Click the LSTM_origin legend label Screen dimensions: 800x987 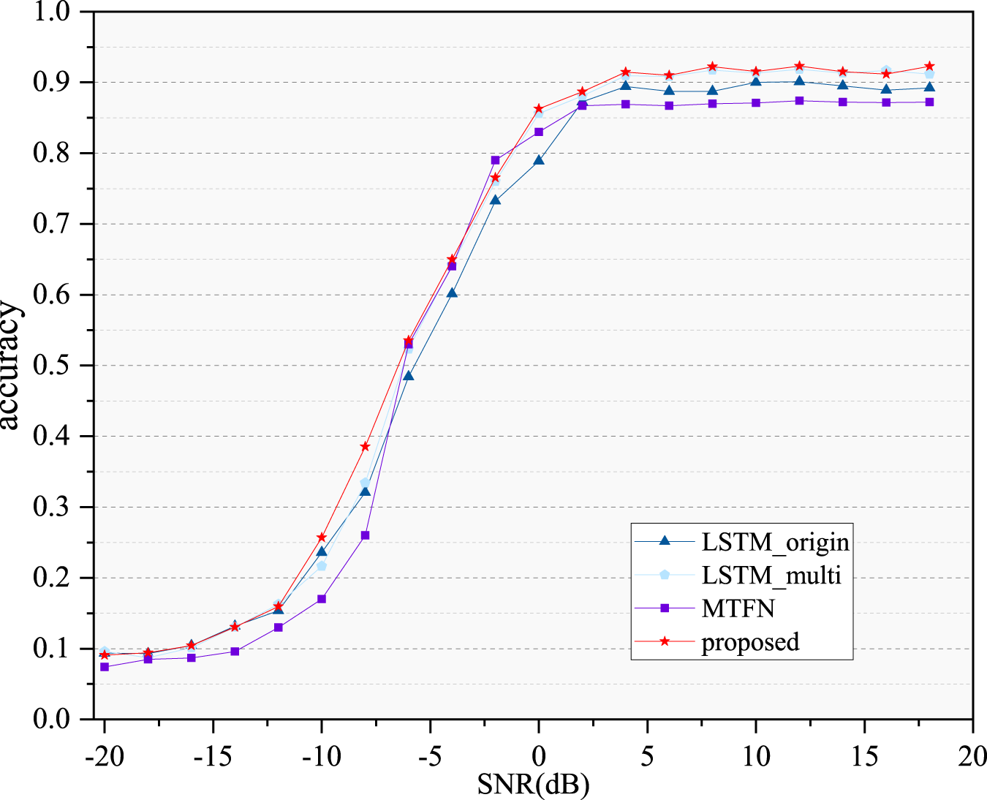775,542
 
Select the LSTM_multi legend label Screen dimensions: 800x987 771,575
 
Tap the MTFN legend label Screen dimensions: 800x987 738,608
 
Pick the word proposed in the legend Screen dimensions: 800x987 750,642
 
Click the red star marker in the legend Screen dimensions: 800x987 665,641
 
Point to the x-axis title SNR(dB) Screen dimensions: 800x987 533,784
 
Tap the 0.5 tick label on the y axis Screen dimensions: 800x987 50,365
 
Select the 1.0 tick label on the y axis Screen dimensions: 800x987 50,12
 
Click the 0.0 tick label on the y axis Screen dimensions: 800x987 50,719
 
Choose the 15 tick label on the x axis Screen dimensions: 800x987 864,755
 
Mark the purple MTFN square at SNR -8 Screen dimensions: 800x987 365,535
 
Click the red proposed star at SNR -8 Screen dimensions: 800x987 365,446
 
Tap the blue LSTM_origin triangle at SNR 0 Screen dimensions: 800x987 539,160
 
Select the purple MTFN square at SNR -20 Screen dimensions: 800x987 105,667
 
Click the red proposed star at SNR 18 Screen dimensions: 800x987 929,67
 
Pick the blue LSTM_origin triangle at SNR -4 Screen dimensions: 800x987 452,293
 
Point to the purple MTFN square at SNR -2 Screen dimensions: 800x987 495,160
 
